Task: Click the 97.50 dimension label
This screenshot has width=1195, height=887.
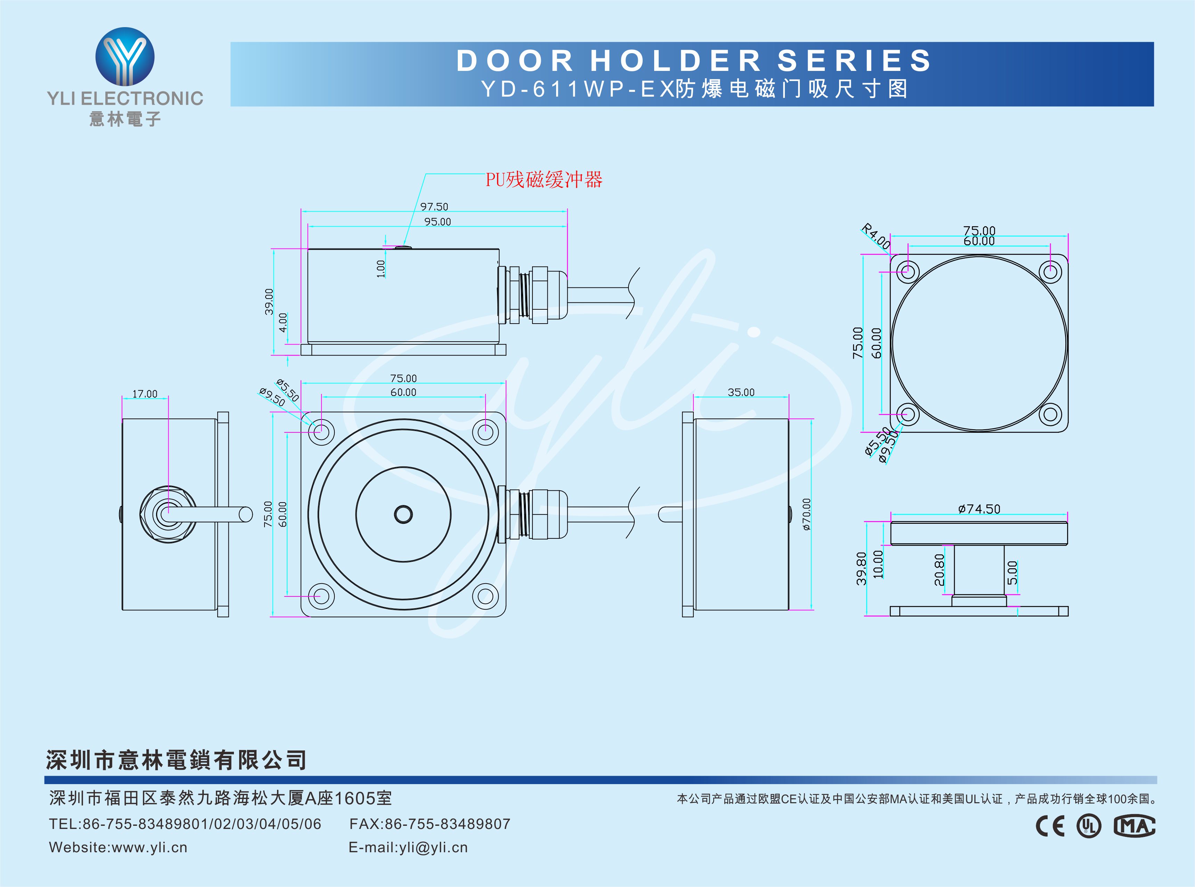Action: click(434, 207)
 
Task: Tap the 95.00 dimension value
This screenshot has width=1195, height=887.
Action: click(438, 222)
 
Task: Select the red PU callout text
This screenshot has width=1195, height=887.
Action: click(544, 180)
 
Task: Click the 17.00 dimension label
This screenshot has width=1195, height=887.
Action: click(145, 394)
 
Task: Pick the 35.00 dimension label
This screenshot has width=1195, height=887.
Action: click(741, 392)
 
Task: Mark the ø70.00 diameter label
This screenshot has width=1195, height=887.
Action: click(806, 514)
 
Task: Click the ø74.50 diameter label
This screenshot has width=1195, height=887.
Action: click(979, 508)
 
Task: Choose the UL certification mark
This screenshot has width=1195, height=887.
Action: click(1089, 826)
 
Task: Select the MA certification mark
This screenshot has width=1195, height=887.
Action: click(1134, 826)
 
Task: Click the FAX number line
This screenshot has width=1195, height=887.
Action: click(430, 824)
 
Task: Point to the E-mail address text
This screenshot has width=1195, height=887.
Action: click(408, 848)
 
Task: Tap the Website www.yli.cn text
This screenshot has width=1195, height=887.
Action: click(118, 848)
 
